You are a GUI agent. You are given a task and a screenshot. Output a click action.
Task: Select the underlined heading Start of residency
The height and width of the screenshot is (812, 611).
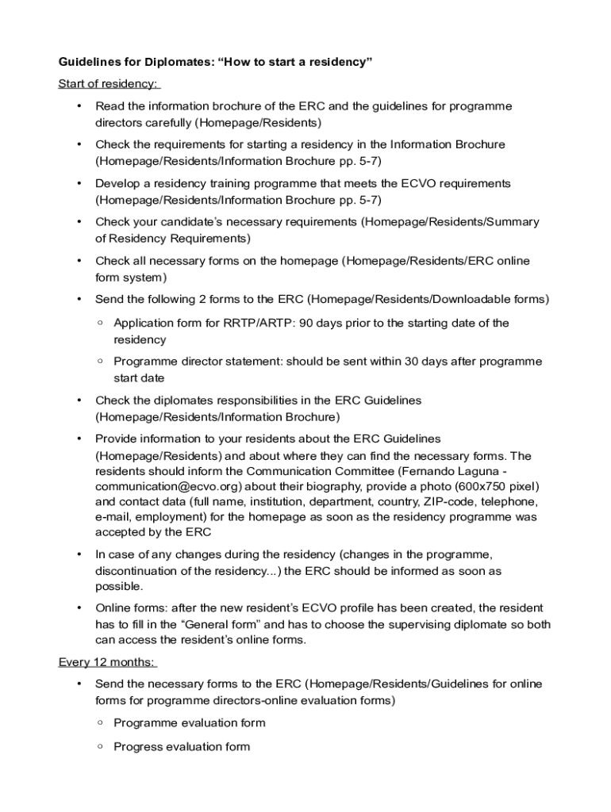coord(108,83)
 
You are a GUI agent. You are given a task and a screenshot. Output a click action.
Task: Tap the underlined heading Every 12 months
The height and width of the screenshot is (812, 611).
coord(106,662)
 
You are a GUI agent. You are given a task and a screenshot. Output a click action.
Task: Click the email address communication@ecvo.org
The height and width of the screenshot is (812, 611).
coord(169,486)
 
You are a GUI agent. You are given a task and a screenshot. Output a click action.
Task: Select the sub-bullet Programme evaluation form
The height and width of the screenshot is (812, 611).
coord(190,723)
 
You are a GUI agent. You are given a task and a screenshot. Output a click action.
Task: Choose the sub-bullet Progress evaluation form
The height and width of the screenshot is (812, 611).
coord(182,747)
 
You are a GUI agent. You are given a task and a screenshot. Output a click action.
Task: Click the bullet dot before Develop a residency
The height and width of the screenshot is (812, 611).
coord(78,184)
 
